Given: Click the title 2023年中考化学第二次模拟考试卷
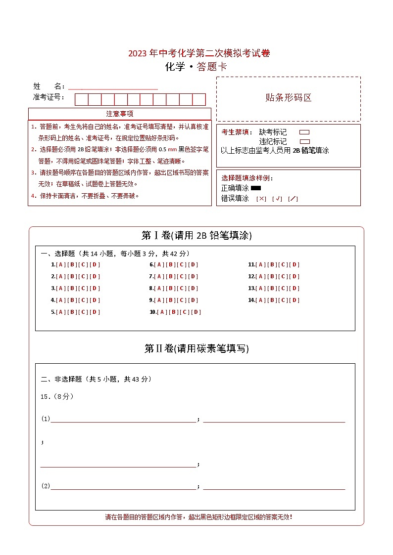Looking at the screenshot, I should [199, 53].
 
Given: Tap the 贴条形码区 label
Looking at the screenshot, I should [289, 97].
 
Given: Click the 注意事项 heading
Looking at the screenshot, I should [120, 114].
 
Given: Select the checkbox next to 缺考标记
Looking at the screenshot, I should [304, 132].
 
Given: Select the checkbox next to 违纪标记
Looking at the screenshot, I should [304, 141].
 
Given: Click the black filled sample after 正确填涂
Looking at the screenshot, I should [256, 188].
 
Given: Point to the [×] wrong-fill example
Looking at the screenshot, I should [261, 199].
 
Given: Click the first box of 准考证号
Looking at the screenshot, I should [81, 99].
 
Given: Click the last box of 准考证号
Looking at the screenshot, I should [199, 99].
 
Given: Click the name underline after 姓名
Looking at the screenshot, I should [113, 87].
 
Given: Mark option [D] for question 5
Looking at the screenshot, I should [96, 312].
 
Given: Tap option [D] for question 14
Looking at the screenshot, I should [295, 300].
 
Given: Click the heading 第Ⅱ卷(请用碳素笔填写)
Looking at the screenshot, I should [196, 348].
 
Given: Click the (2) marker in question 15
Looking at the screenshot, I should [46, 486].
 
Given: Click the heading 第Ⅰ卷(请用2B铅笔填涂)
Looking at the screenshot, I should [196, 236].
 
